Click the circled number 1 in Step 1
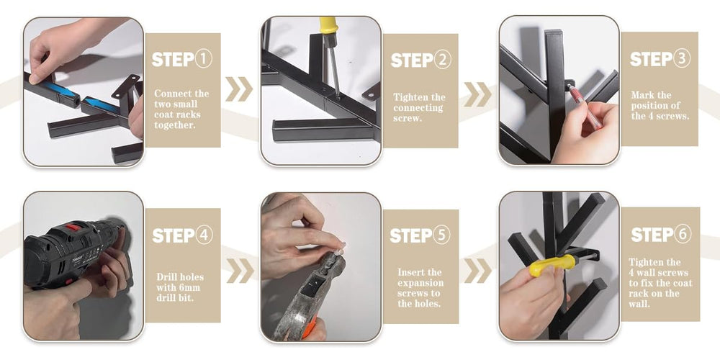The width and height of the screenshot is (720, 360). click(204, 59)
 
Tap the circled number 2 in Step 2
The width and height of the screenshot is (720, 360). click(443, 60)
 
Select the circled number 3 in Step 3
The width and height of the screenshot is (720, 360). click(681, 59)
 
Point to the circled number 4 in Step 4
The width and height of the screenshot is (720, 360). click(204, 235)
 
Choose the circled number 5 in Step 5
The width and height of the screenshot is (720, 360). click(442, 235)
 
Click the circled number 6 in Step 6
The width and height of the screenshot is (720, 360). click(683, 234)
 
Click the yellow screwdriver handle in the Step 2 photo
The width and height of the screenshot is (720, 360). click(329, 26)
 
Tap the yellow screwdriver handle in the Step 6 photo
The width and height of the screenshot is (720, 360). click(552, 265)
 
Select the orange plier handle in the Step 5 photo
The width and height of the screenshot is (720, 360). click(309, 326)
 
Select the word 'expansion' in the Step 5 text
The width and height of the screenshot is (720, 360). click(420, 283)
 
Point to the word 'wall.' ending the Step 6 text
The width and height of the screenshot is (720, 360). click(639, 304)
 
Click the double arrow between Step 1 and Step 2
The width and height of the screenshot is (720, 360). click(239, 89)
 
